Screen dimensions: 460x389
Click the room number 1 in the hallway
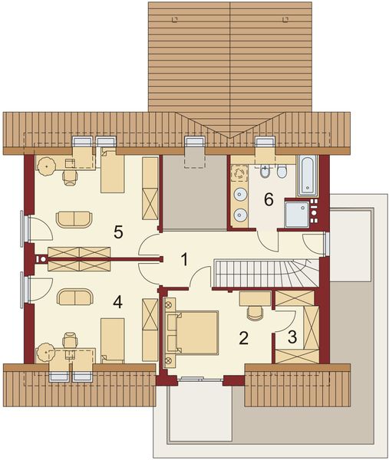[x=184, y=259]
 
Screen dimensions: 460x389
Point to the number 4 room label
[x=117, y=302]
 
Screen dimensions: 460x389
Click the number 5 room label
[x=117, y=230]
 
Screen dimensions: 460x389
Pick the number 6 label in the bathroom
[x=268, y=200]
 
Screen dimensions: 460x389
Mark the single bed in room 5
[x=114, y=174]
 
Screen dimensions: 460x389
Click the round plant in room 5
[x=49, y=164]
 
